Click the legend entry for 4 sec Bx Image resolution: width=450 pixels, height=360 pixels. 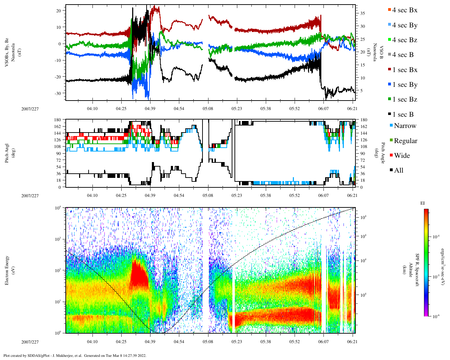point(404,10)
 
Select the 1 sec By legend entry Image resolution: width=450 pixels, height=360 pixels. point(405,85)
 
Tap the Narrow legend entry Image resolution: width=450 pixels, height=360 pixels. point(405,126)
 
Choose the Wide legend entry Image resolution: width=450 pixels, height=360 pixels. point(401,156)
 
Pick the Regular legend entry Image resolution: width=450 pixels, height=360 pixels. point(405,141)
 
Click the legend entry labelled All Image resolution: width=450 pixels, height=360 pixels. point(398,171)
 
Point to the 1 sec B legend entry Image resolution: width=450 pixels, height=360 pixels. point(403,115)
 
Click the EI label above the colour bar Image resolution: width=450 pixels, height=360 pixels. point(423,203)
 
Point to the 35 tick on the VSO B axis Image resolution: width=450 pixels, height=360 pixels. point(362,13)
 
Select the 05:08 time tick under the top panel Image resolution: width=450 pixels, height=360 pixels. point(208,109)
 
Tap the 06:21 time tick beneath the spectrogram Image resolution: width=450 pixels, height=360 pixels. point(353,341)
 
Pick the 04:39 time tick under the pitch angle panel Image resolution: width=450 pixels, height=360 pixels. point(150,195)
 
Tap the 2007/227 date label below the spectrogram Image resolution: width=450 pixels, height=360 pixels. point(30,341)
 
